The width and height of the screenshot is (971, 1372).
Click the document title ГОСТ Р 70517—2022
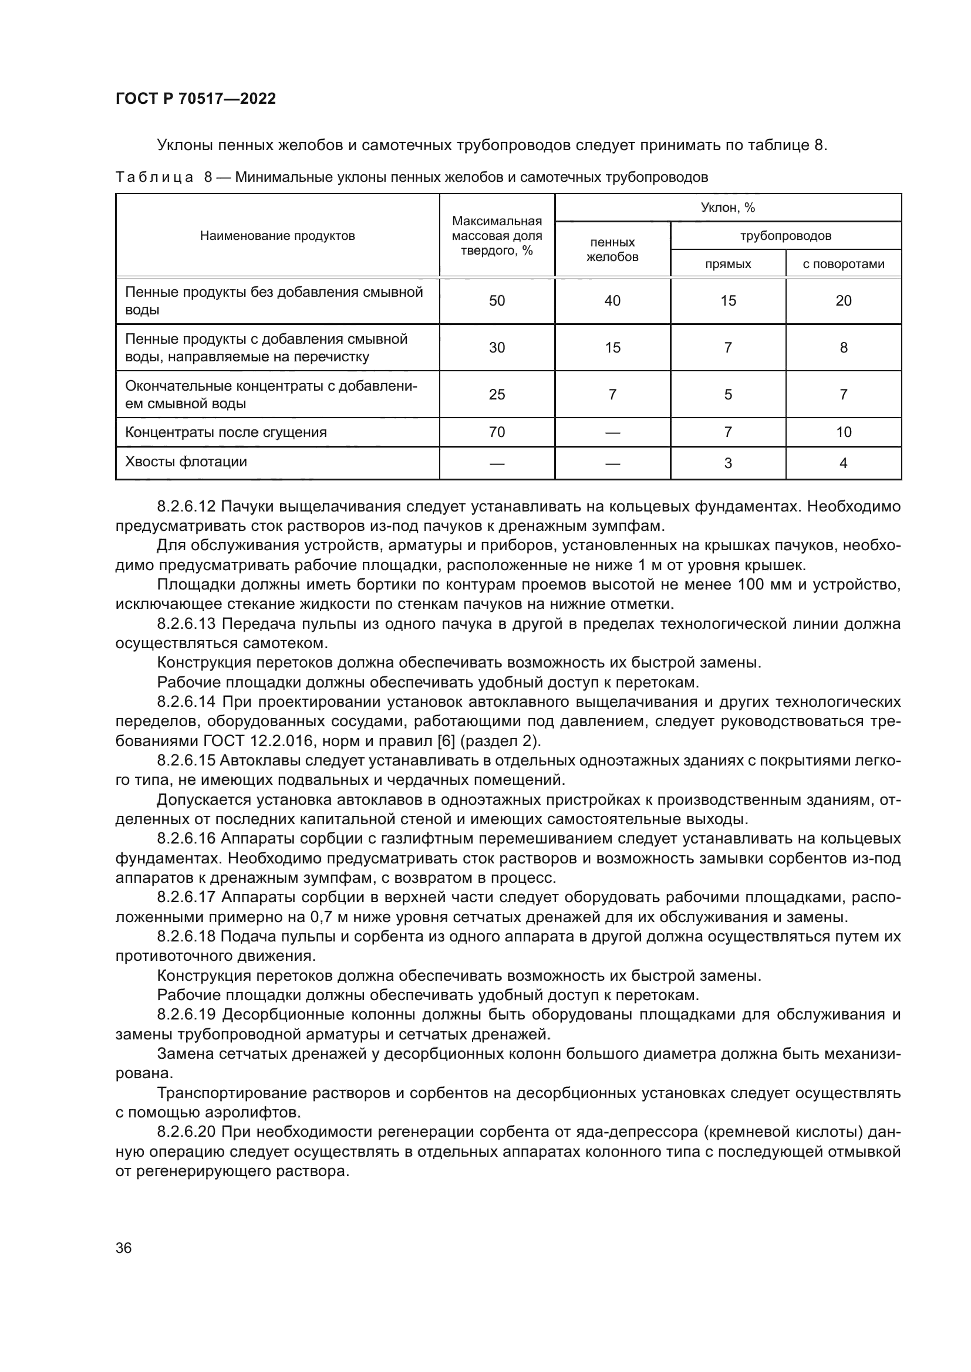pyautogui.click(x=195, y=99)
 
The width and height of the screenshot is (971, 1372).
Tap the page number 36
pyautogui.click(x=124, y=1248)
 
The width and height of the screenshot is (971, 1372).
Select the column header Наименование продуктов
pyautogui.click(x=278, y=236)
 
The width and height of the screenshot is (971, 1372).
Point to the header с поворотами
pyautogui.click(x=843, y=264)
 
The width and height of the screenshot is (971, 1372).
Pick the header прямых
pyautogui.click(x=727, y=264)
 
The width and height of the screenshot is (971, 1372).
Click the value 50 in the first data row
pyautogui.click(x=497, y=300)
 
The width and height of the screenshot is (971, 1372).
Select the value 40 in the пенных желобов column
pyautogui.click(x=612, y=300)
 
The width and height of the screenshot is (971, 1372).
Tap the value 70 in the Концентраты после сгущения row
pyautogui.click(x=497, y=432)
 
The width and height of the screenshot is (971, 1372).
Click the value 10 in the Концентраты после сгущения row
pyautogui.click(x=843, y=432)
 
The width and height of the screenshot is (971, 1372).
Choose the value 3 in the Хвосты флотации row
pyautogui.click(x=727, y=463)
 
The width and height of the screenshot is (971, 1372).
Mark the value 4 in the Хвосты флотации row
pyautogui.click(x=843, y=463)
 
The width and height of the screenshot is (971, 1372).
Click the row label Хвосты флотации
pyautogui.click(x=186, y=462)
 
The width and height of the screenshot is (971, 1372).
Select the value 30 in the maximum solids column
pyautogui.click(x=497, y=348)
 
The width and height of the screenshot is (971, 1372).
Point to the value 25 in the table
pyautogui.click(x=497, y=394)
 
